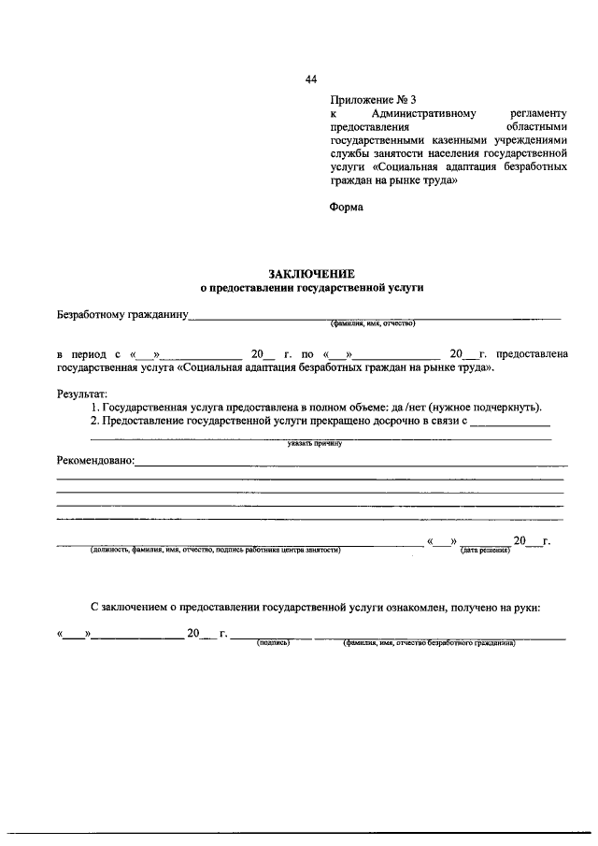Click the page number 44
[311, 79]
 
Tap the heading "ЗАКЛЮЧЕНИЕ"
[311, 274]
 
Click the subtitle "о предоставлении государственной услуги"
[312, 289]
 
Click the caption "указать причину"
[316, 444]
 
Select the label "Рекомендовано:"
[95, 460]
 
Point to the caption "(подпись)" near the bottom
[273, 643]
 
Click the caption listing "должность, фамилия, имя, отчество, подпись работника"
[215, 551]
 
